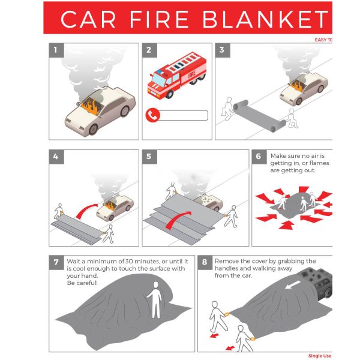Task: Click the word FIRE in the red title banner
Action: tap(159, 19)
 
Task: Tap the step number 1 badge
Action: tap(56, 50)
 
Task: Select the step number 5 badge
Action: tap(149, 157)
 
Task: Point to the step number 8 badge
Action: tap(205, 262)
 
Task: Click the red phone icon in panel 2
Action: tap(152, 115)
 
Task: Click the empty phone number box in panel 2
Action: tap(183, 115)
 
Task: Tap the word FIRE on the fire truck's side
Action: tap(192, 74)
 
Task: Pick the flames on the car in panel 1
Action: tap(91, 106)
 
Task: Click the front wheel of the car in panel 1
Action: tap(93, 129)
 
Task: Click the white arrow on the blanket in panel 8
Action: tap(293, 284)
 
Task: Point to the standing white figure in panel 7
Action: tap(155, 300)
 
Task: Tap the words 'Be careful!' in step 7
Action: tap(82, 283)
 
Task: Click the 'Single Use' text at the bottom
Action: tap(320, 356)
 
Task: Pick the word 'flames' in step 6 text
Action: tap(319, 163)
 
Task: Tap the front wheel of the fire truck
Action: tap(169, 94)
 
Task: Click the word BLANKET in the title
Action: tap(266, 19)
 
